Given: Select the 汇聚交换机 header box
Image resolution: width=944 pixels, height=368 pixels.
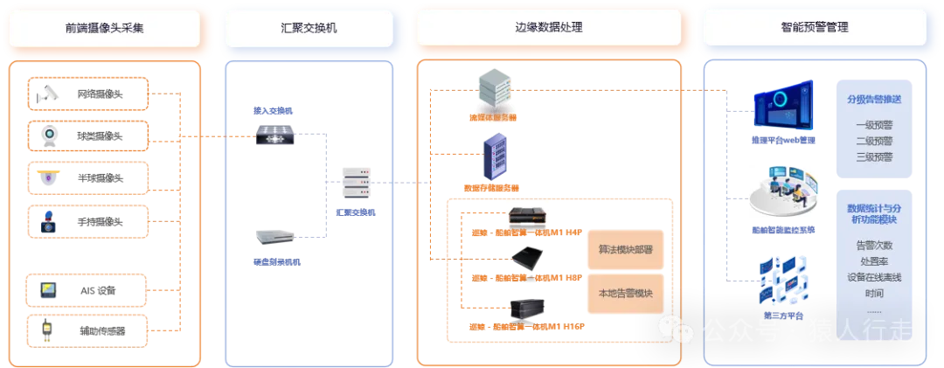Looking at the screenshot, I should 302,27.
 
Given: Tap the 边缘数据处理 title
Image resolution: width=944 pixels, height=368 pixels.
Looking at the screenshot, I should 547,27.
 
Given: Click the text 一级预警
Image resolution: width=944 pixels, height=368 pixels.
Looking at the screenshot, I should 874,124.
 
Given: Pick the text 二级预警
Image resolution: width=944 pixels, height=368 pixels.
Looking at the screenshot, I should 874,141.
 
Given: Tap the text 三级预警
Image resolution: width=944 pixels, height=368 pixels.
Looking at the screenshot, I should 874,157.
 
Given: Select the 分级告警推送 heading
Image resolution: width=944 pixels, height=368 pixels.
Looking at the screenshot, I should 874,99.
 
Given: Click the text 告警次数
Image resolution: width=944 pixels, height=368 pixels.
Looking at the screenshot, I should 874,246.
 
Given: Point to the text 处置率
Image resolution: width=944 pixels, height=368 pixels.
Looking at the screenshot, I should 874,261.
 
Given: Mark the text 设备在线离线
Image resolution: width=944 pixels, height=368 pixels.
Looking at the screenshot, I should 874,277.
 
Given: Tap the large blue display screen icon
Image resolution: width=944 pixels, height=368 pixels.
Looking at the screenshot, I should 785,108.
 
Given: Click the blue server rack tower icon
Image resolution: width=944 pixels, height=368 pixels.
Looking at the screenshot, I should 495,156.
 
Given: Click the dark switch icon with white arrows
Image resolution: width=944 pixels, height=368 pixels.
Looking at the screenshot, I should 275,133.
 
